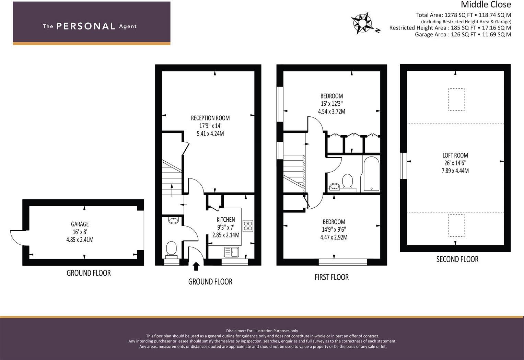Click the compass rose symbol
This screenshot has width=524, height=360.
pyautogui.click(x=362, y=23)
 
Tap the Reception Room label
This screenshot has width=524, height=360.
pyautogui.click(x=210, y=118)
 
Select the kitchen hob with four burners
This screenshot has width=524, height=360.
pyautogui.click(x=248, y=226)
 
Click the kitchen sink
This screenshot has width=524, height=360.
pyautogui.click(x=232, y=252)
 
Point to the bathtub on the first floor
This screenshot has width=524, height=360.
pyautogui.click(x=371, y=174)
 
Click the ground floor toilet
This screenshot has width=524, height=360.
pyautogui.click(x=171, y=249)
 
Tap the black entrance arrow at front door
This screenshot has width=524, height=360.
pyautogui.click(x=196, y=267)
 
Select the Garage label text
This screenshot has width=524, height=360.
pyautogui.click(x=80, y=224)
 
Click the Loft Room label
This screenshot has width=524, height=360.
pyautogui.click(x=455, y=155)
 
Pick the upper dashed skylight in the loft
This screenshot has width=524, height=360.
pyautogui.click(x=456, y=100)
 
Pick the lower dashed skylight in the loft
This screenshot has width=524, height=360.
pyautogui.click(x=456, y=225)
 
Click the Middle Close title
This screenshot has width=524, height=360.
pyautogui.click(x=486, y=4)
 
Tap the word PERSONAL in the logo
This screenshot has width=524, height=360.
pyautogui.click(x=85, y=26)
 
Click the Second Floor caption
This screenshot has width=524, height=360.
pyautogui.click(x=457, y=259)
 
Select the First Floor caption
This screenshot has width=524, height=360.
pyautogui.click(x=331, y=277)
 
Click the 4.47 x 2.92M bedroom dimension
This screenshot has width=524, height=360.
pyautogui.click(x=334, y=237)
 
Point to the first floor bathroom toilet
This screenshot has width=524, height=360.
pyautogui.click(x=347, y=181)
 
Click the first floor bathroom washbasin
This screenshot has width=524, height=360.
pyautogui.click(x=334, y=187)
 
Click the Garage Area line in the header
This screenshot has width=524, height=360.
pyautogui.click(x=463, y=35)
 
